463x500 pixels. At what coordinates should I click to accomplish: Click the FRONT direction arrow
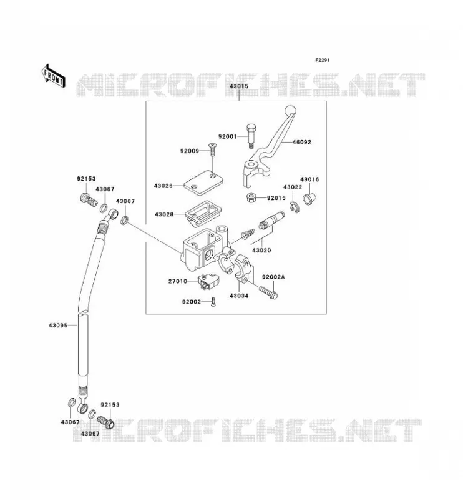pos(54,76)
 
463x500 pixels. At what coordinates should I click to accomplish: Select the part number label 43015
pos(239,86)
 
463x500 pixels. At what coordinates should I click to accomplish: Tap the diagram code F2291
pos(322,60)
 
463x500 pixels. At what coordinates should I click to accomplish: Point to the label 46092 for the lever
pos(301,142)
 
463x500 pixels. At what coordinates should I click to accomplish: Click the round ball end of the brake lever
pos(290,111)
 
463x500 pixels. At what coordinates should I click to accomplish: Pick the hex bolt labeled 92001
pos(251,136)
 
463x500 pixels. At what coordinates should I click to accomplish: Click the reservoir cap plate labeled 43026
pos(203,183)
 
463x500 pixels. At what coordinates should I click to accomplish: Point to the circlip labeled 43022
pos(295,207)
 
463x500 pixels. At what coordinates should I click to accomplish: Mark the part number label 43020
pos(261,251)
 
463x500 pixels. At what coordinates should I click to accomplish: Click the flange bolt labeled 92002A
pos(268,292)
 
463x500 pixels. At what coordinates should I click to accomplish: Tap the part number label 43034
pos(239,296)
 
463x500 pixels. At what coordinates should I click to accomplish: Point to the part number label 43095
pos(58,326)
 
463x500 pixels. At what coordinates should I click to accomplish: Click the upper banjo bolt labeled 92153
pos(88,199)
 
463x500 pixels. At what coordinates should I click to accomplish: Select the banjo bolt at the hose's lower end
pos(105,421)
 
